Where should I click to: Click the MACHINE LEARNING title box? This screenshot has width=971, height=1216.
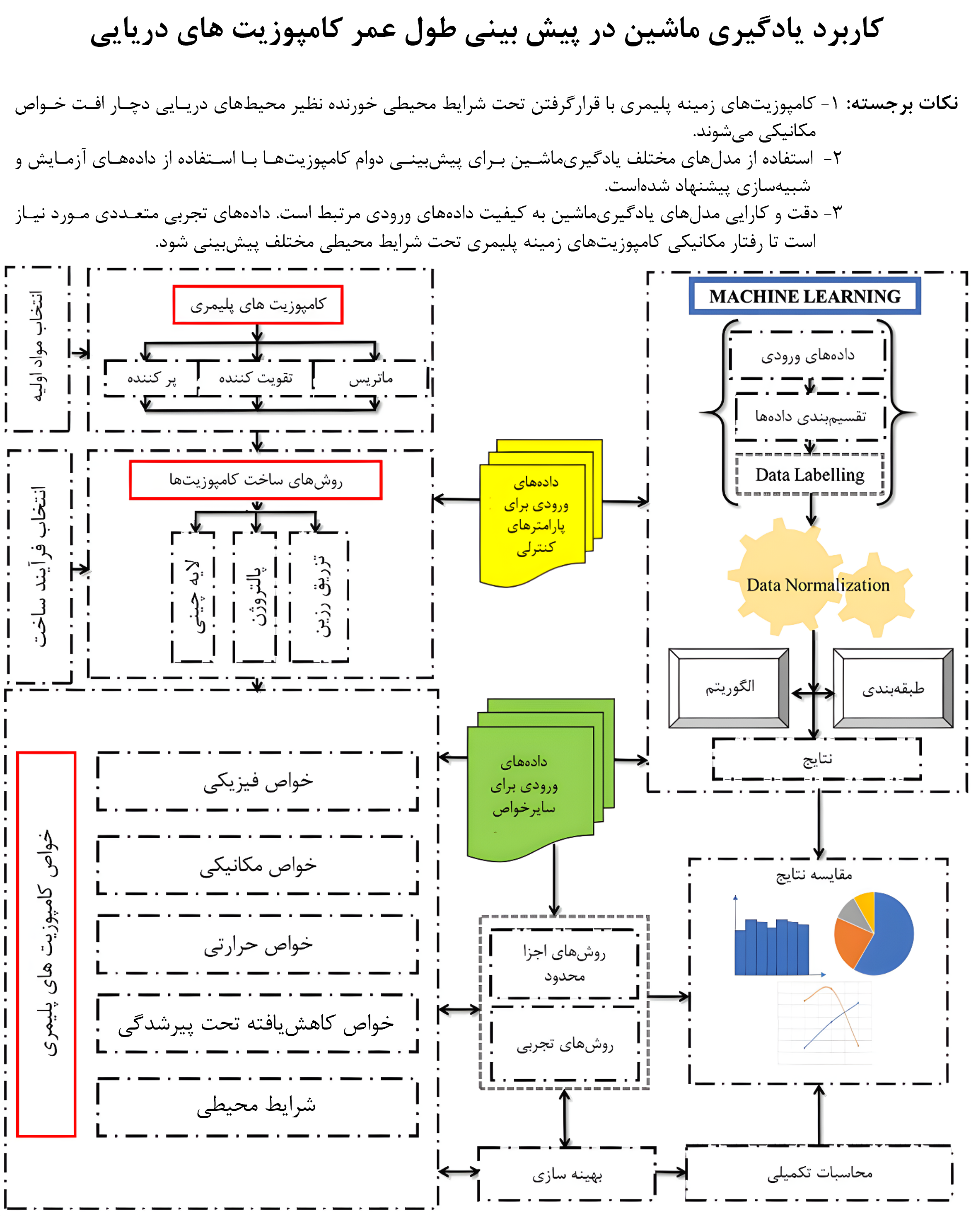(804, 295)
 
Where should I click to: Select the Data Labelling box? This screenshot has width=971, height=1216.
(810, 474)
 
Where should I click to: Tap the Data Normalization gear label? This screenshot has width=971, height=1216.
(818, 585)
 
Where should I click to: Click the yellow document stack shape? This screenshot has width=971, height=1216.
(540, 513)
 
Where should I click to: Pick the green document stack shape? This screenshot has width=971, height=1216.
(540, 779)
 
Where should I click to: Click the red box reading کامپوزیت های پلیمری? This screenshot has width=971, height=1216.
(258, 305)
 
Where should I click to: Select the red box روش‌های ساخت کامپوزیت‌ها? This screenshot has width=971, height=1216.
(256, 480)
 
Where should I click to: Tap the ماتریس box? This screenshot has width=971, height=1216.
(370, 378)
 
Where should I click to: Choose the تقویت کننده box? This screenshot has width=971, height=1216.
(256, 378)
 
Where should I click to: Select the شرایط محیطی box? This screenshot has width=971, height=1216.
(258, 1106)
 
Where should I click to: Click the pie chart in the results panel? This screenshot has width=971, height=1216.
(874, 933)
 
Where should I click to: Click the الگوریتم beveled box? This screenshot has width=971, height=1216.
(729, 688)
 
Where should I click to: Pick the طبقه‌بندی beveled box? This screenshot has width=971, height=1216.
(893, 688)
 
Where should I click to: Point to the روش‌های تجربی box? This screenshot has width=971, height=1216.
(565, 1044)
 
